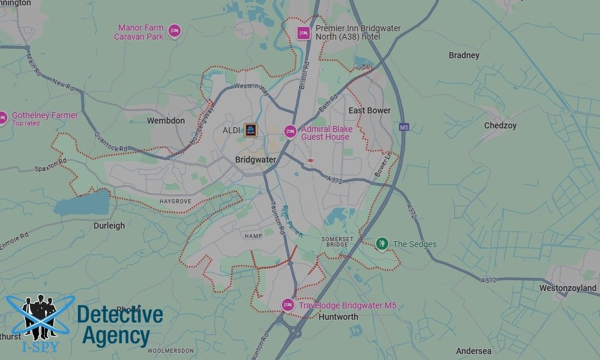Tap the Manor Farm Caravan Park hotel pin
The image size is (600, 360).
pos(174,31)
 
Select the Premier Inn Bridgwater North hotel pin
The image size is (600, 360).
pos(303,33)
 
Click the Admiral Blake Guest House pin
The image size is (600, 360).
pos(290,131)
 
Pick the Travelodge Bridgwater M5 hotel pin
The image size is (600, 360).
pos(287,305)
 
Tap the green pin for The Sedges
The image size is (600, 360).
pos(382,244)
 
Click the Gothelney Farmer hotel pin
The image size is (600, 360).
pos(3,118)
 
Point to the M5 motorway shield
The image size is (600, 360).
pos(403,127)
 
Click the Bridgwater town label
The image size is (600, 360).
pos(256,160)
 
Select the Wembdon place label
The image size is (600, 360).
pos(166,121)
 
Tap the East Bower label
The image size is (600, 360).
pos(370,110)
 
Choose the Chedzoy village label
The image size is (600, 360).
pos(500,125)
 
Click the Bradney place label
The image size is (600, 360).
pos(464,55)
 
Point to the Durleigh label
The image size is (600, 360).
pos(109,226)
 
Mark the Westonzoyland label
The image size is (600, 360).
pos(568,288)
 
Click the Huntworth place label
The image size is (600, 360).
pos(338,317)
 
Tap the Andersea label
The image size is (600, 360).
pos(473,351)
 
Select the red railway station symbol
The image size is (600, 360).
pos(311,160)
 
